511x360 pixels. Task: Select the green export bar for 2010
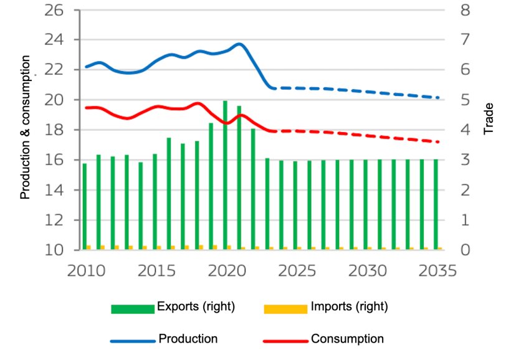tap(85, 206)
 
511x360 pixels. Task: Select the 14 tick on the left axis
tap(57, 190)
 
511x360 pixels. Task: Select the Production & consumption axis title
tap(26, 127)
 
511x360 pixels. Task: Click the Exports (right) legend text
tap(196, 306)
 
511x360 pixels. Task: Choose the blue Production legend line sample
tap(132, 341)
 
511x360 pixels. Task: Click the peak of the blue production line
tap(239, 44)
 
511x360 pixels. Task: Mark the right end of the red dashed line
tap(439, 142)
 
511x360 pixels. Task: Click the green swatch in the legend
tap(132, 308)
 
